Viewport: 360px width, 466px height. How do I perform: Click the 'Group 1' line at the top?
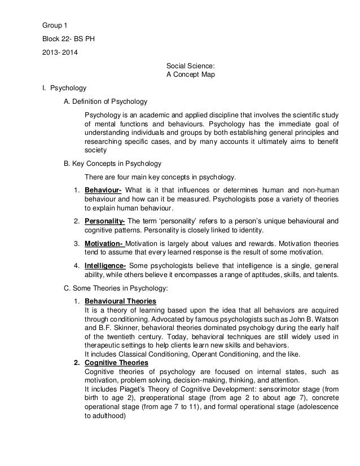(x=56, y=26)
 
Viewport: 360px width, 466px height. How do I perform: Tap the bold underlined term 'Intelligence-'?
(x=106, y=266)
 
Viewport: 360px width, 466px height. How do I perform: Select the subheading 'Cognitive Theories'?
(x=116, y=363)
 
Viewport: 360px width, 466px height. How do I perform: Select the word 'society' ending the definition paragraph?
(x=95, y=151)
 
